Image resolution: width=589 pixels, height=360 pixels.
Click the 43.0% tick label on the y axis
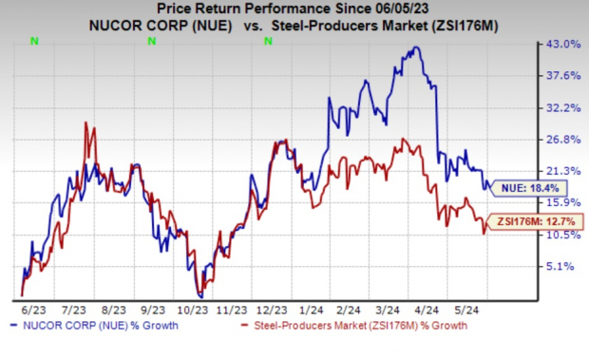tap(561, 45)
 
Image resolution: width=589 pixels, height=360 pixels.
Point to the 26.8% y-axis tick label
tap(561, 140)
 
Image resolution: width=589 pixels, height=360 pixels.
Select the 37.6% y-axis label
tap(561, 76)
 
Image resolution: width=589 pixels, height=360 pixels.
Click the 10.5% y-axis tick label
tap(561, 236)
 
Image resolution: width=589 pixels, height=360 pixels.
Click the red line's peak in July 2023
tap(87, 123)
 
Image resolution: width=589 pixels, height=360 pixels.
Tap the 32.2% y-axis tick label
tap(561, 108)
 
